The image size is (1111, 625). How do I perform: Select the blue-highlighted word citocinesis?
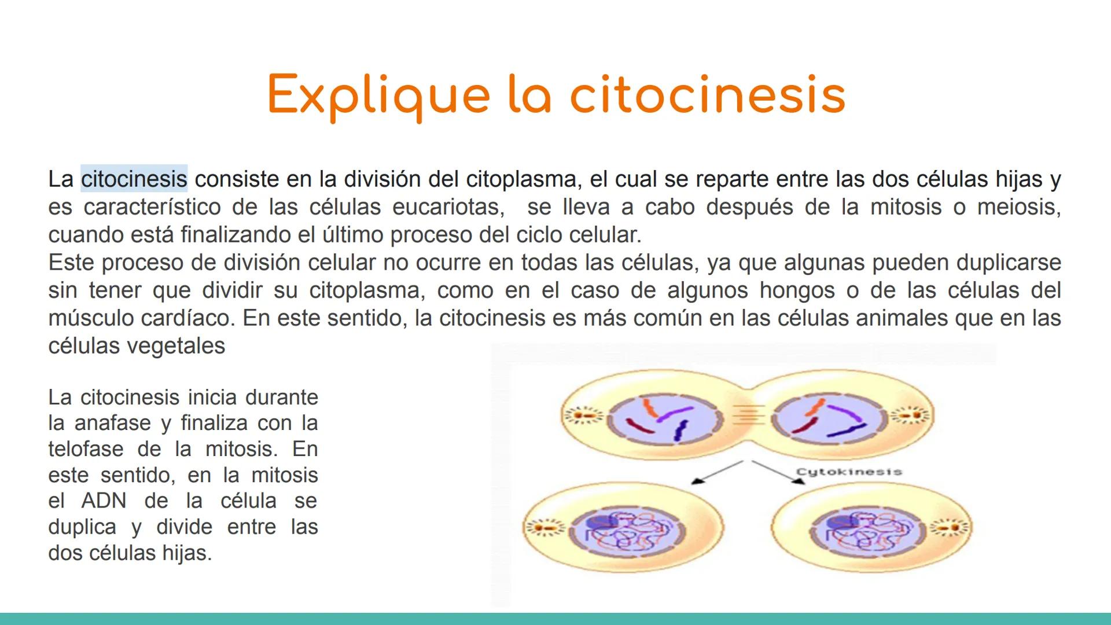[x=134, y=179]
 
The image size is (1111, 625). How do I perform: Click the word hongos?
[x=797, y=291]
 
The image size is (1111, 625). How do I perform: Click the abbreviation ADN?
[x=104, y=501]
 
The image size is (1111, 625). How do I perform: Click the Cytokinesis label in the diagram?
[x=848, y=472]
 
